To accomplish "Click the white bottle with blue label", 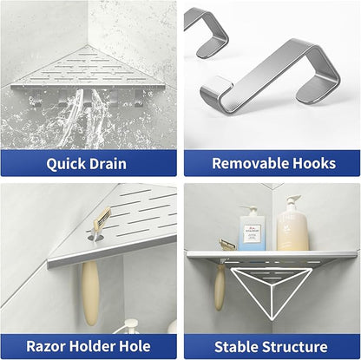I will click(x=252, y=230).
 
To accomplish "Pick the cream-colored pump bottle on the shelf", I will click(x=292, y=226).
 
